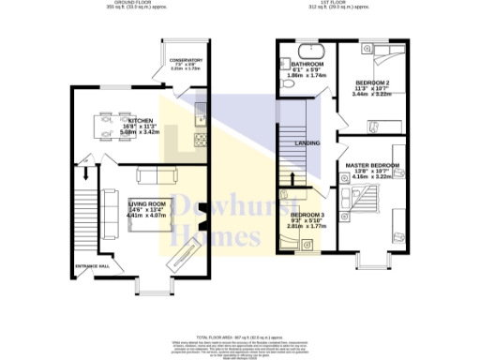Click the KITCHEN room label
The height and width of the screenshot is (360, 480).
[x=141, y=121]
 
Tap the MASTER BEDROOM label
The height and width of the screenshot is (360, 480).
[x=372, y=165]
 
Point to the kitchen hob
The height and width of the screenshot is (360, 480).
[x=200, y=142]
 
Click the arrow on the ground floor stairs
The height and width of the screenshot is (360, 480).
[x=86, y=173]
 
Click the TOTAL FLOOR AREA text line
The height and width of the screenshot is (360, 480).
[x=240, y=335]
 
